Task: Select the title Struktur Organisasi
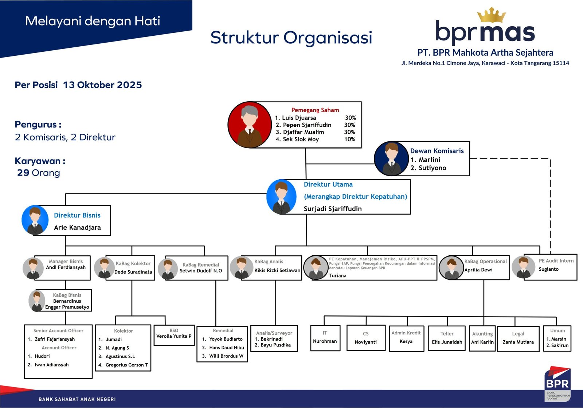(291, 38)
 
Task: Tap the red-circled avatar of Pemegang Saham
(250, 125)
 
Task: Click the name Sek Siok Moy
(301, 139)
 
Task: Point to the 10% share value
(349, 139)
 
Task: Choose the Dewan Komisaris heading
(437, 151)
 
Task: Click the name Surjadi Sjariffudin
(333, 209)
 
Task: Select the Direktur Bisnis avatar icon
(35, 220)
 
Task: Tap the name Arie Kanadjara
(77, 228)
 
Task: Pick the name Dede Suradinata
(133, 272)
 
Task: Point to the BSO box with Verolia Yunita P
(174, 335)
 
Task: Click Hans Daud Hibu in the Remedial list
(226, 348)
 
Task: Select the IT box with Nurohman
(325, 338)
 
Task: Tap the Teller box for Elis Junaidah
(447, 338)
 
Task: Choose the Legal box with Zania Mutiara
(518, 338)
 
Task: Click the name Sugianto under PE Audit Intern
(548, 269)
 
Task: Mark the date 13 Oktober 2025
(102, 85)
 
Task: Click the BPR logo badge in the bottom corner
(557, 384)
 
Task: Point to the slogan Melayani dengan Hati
(93, 21)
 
